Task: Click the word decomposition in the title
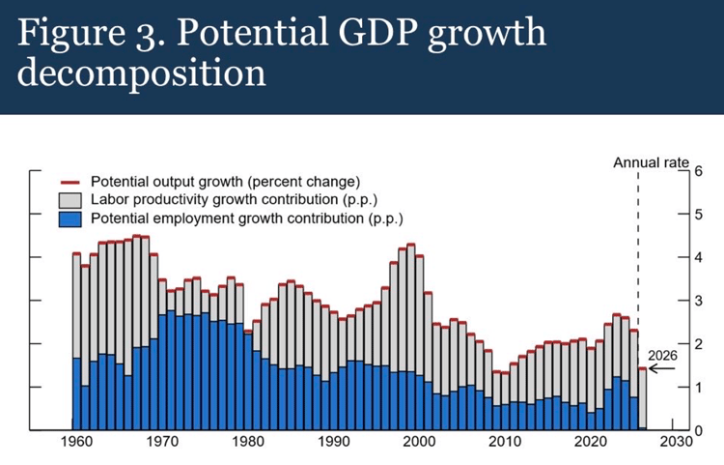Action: pos(140,73)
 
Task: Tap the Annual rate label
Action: pos(652,162)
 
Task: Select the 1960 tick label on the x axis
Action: pos(76,441)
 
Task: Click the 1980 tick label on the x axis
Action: pos(248,441)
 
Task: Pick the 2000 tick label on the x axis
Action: pos(420,441)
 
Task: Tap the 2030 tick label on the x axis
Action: pos(678,441)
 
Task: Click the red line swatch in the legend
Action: pos(70,182)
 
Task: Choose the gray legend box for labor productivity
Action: pos(70,200)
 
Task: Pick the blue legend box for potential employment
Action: pos(70,219)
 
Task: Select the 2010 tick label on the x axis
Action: pos(506,441)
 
